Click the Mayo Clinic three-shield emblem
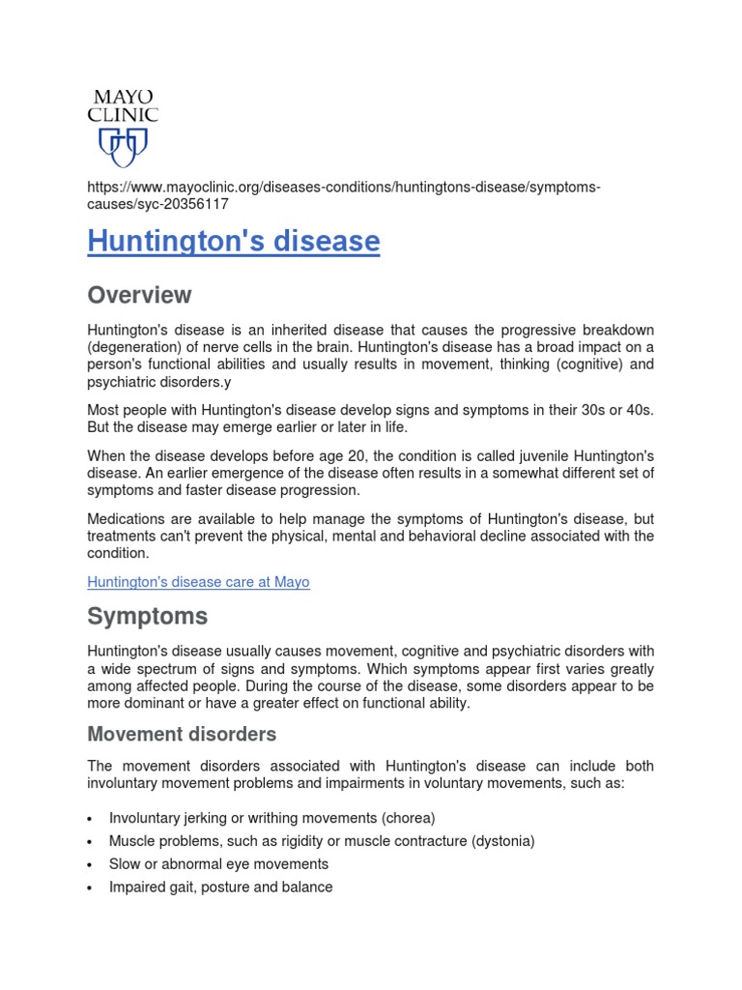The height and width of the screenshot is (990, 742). [x=123, y=147]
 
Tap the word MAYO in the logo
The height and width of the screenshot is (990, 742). [x=123, y=98]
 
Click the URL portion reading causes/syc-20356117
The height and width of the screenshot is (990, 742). [x=158, y=204]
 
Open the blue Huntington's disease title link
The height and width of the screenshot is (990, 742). [x=234, y=242]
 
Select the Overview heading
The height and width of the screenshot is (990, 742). [x=139, y=295]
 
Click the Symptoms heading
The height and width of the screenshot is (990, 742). [x=147, y=616]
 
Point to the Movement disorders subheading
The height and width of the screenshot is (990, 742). [x=182, y=734]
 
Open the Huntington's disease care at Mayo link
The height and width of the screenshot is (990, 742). [x=198, y=582]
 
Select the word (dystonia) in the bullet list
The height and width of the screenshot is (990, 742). [x=502, y=841]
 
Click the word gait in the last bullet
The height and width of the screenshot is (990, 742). [x=184, y=887]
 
